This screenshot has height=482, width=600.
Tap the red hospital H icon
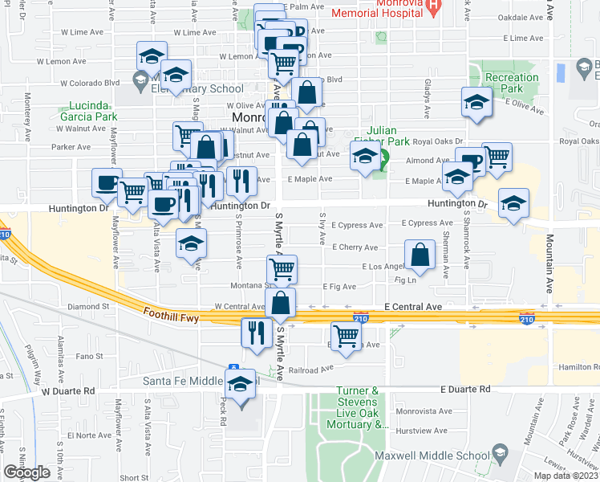click(434, 8)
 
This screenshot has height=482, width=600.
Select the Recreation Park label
click(511, 83)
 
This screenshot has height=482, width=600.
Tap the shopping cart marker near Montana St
click(282, 270)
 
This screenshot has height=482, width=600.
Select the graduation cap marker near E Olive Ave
click(476, 103)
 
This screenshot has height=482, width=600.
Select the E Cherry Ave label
click(354, 247)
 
